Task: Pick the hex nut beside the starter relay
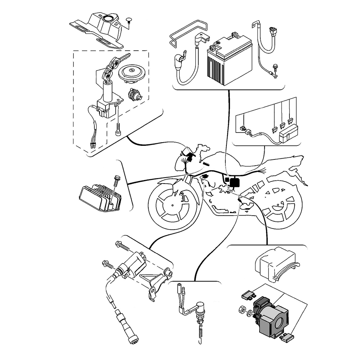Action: [x=242, y=309]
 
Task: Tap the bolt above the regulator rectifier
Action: [x=116, y=180]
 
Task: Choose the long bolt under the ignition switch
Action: [x=118, y=128]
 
